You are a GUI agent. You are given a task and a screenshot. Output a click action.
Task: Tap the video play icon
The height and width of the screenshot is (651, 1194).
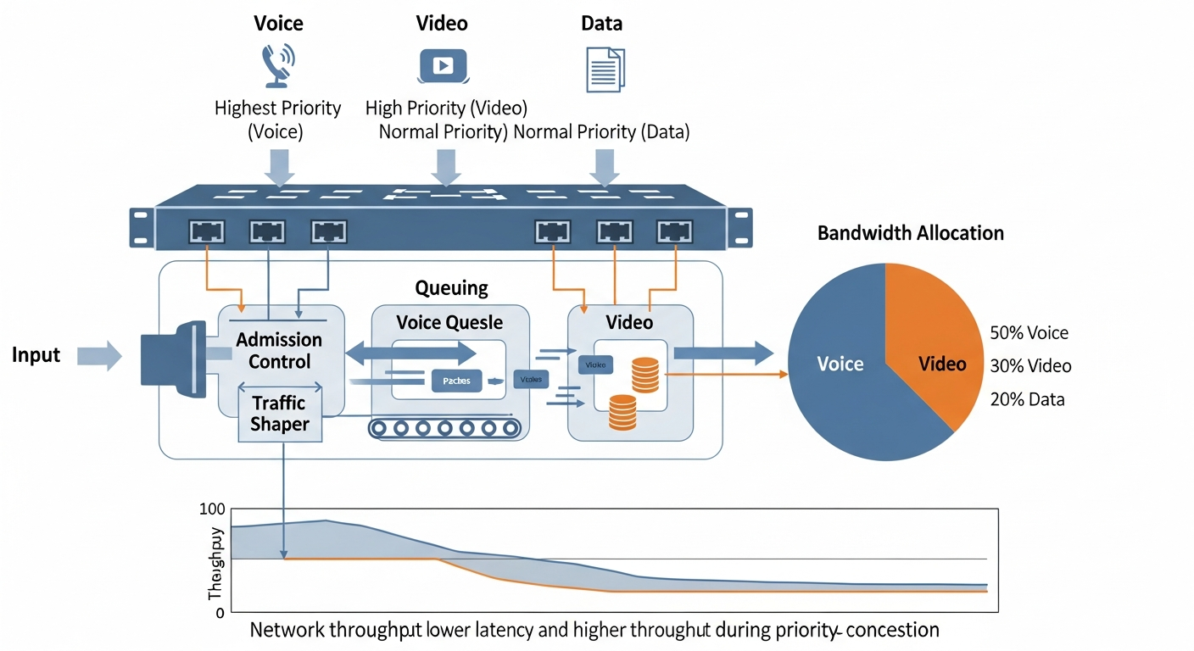coord(443,66)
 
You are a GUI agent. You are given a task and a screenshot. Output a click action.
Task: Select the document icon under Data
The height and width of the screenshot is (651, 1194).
coord(605,69)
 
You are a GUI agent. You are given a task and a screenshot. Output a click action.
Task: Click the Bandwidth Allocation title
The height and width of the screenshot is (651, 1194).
coord(910,233)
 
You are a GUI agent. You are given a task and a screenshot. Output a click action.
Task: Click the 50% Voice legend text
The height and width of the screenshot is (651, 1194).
coord(1029,333)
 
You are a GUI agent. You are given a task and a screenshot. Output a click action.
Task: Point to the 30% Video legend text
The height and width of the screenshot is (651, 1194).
coord(1030,366)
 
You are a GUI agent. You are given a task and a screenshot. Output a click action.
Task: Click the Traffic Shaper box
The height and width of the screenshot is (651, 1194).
coord(280,412)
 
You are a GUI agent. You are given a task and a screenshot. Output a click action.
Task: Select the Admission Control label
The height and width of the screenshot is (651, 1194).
coord(279,351)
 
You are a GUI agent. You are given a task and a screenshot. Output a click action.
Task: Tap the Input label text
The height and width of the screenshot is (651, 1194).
coord(36,355)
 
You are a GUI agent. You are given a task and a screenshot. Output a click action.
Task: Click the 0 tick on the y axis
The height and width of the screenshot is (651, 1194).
coord(219,612)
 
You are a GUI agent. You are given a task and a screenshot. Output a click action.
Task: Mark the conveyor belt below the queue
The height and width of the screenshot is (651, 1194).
coord(443,428)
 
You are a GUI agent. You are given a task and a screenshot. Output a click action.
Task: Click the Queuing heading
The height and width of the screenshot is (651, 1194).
coord(451,288)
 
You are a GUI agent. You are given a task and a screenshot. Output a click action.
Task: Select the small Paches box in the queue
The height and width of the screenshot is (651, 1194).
coord(456,381)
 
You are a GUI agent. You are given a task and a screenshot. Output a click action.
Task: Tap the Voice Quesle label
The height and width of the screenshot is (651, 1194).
coord(449,323)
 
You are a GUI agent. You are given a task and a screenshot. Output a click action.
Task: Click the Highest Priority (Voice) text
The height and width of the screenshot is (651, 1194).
coord(277,120)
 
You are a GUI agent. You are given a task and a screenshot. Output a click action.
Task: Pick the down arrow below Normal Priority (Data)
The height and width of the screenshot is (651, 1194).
coord(604,168)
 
